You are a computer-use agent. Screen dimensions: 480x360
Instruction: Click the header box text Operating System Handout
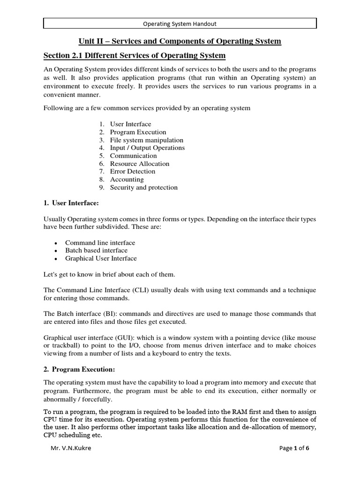[180, 23]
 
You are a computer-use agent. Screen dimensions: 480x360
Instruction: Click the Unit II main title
[180, 41]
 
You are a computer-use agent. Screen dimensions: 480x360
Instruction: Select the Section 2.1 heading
[135, 56]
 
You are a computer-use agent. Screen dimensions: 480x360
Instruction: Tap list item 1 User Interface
[130, 124]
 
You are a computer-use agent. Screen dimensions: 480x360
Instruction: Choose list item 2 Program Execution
[138, 132]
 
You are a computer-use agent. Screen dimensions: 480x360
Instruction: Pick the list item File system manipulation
[146, 140]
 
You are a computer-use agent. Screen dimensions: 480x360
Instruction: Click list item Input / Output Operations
[147, 148]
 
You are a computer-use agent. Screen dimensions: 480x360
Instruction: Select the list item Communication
[133, 156]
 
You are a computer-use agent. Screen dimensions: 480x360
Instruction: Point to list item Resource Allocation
[139, 164]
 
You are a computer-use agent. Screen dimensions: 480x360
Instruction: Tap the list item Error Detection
[133, 172]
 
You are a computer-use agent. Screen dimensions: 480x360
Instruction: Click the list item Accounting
[127, 180]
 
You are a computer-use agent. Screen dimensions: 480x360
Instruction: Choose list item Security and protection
[143, 187]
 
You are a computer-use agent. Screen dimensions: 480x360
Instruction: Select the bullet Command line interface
[100, 243]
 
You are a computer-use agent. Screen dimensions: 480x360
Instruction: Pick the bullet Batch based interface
[96, 250]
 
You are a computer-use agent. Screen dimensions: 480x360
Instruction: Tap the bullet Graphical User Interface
[101, 258]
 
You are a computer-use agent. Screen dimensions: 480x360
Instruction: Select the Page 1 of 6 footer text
[294, 448]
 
